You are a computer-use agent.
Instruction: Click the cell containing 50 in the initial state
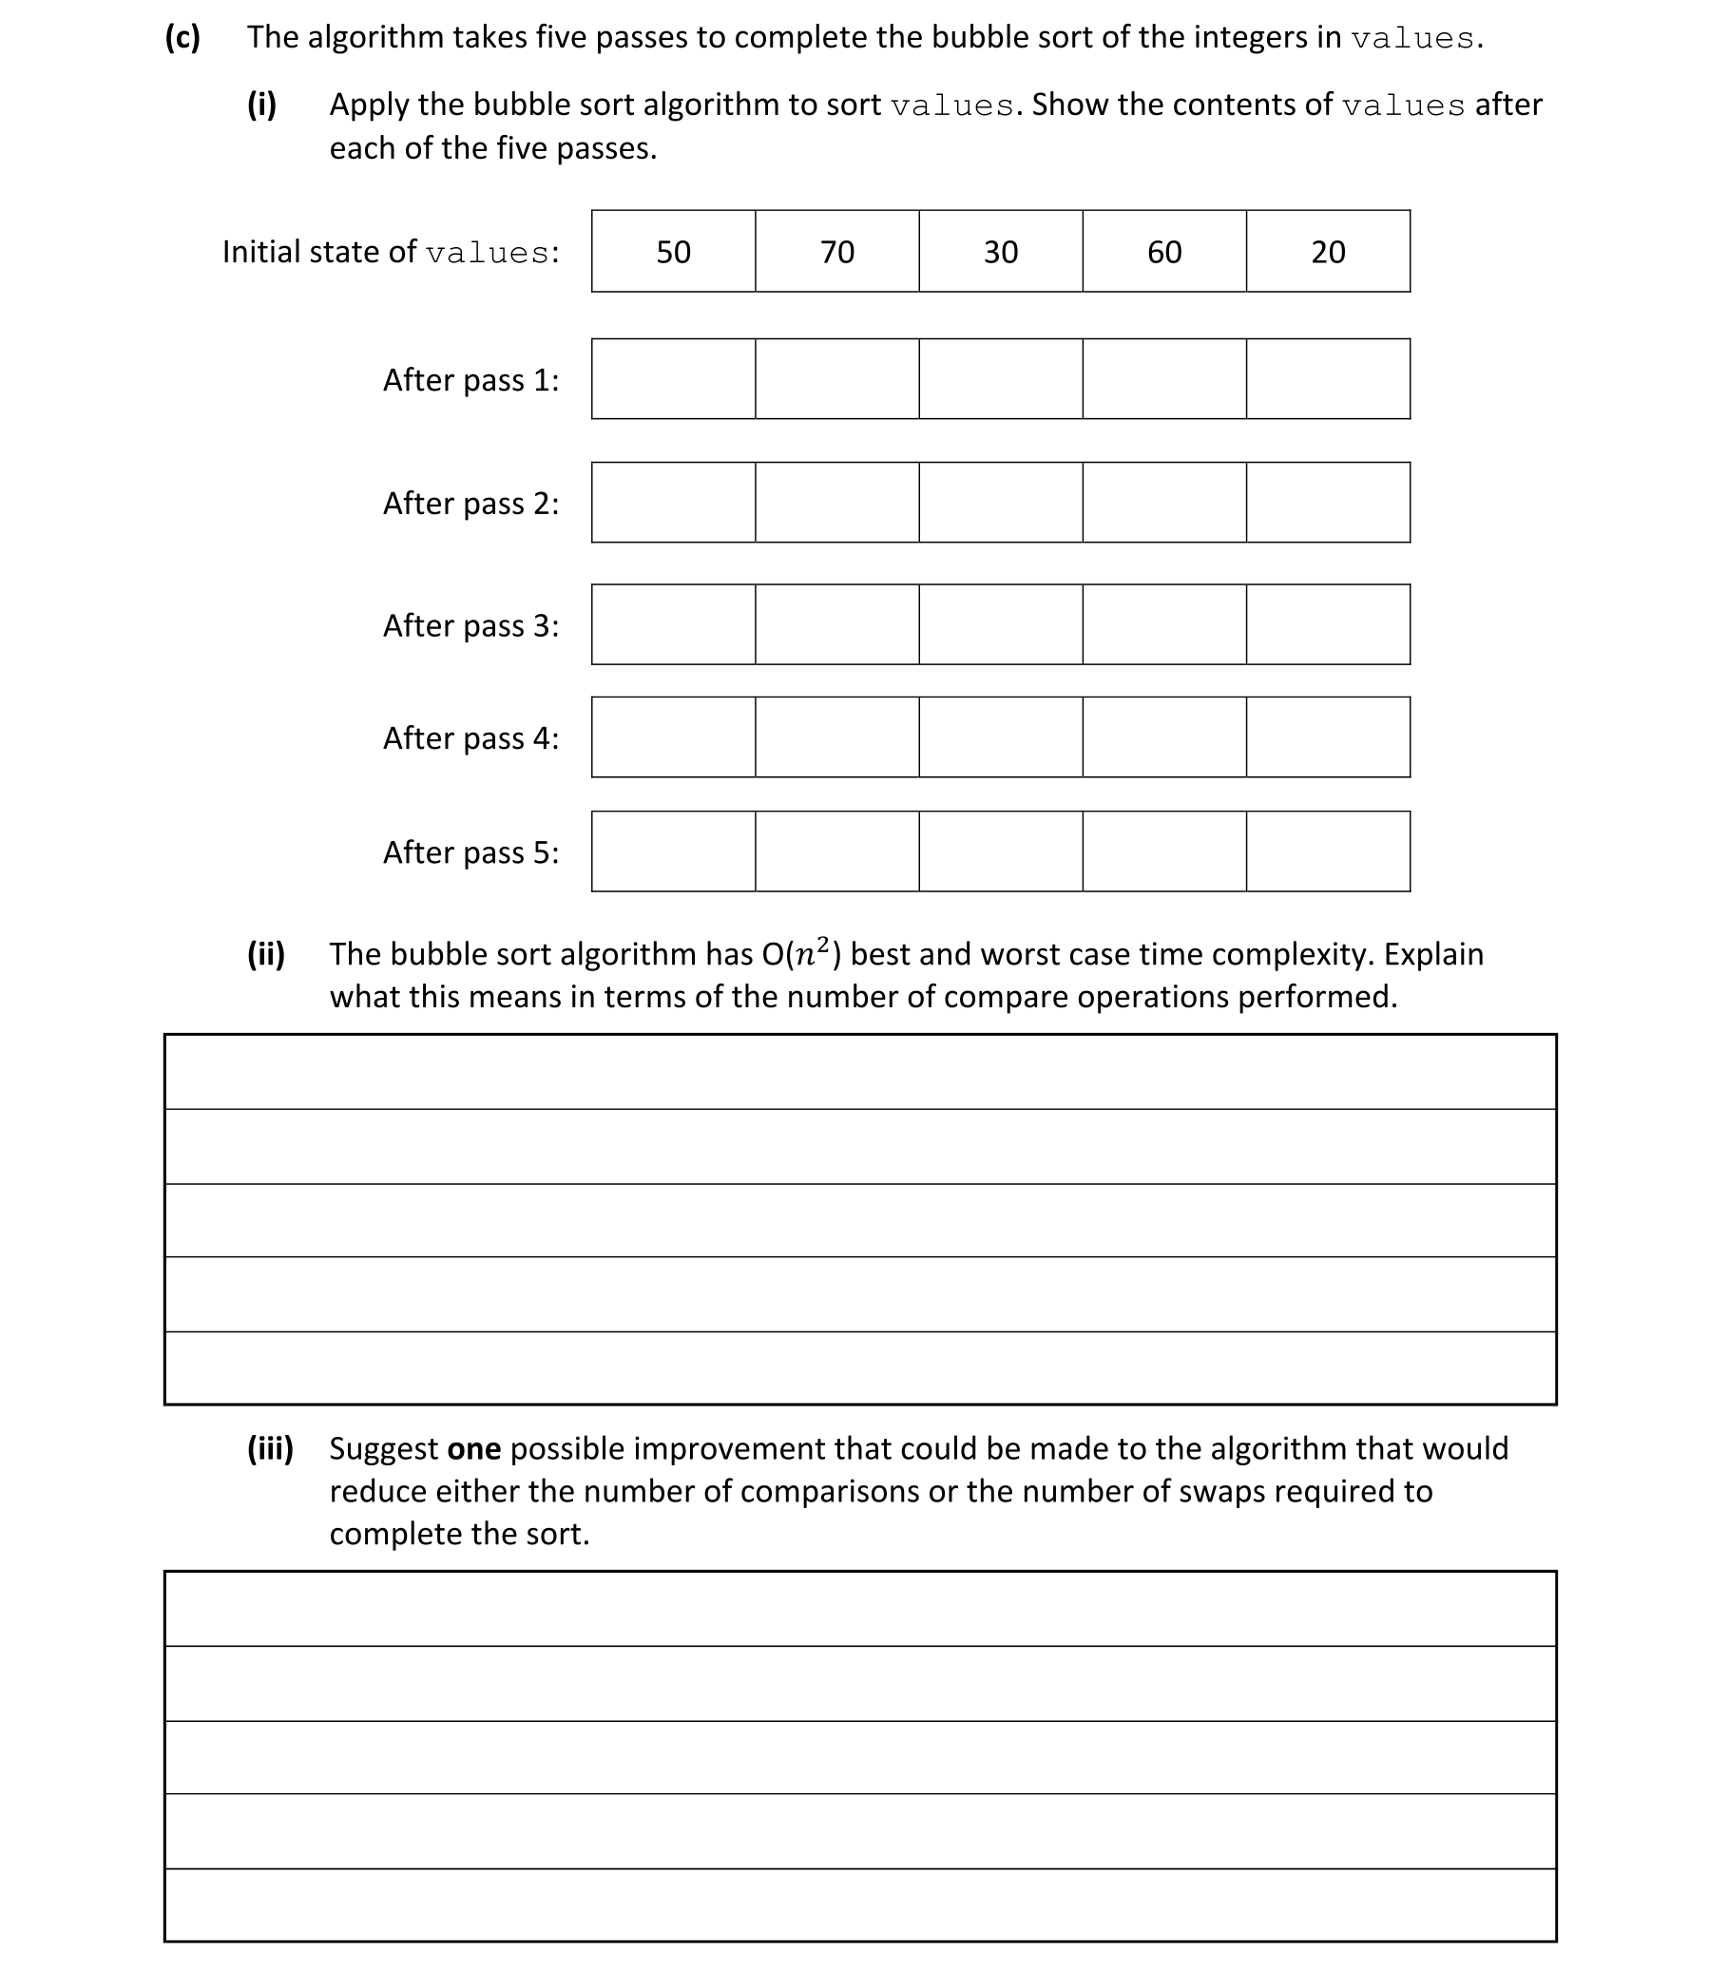point(673,252)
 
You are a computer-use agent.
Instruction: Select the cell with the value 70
point(836,252)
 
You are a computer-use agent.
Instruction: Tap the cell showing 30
point(1000,252)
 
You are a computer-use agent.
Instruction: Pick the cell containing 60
point(1164,252)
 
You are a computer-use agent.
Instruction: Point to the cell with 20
point(1327,252)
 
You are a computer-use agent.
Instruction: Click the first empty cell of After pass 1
point(673,378)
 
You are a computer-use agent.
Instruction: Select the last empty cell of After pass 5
point(1327,851)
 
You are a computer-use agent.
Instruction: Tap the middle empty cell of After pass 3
point(1000,624)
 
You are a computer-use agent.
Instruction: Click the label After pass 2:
point(470,503)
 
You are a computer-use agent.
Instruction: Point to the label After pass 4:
point(470,737)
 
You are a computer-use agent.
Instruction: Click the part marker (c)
point(182,37)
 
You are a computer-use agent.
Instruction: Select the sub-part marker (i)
point(261,104)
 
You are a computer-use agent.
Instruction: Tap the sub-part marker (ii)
point(266,954)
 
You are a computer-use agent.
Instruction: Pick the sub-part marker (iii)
point(270,1448)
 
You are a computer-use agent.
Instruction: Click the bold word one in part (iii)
point(473,1448)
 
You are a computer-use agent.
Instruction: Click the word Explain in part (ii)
point(1433,954)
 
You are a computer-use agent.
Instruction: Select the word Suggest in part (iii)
point(384,1448)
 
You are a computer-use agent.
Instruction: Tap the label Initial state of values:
point(391,252)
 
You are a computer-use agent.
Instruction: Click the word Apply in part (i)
point(369,104)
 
